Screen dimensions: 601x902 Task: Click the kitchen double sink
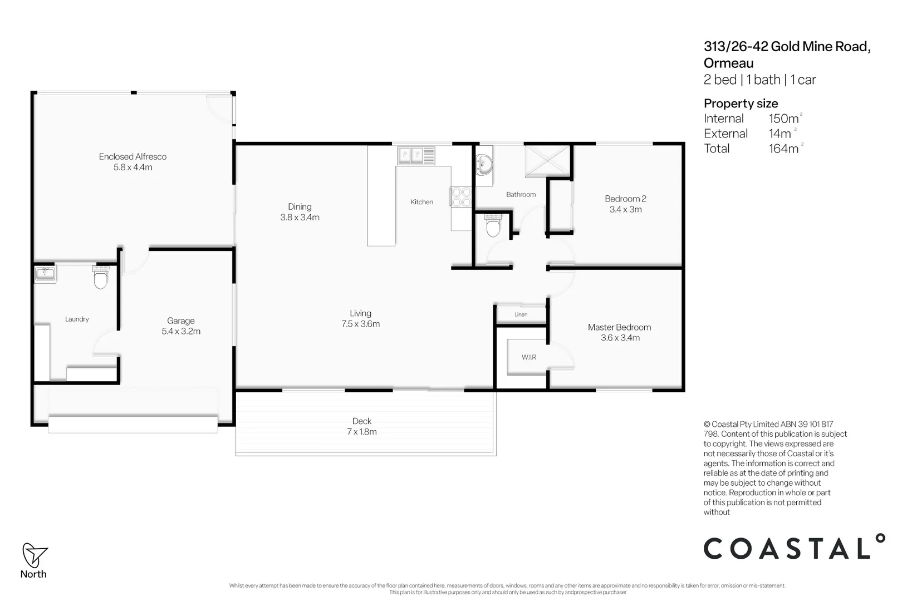pyautogui.click(x=416, y=155)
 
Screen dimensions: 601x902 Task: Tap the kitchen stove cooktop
pyautogui.click(x=461, y=197)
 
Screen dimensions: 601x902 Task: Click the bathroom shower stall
pyautogui.click(x=548, y=161)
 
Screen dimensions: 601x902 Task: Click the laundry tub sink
pyautogui.click(x=45, y=274)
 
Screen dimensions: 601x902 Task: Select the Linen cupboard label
pyautogui.click(x=521, y=314)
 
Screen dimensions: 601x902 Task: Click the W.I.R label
pyautogui.click(x=529, y=357)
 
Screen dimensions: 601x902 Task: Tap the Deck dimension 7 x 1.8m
pyautogui.click(x=362, y=432)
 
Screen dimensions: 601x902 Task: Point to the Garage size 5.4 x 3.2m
pyautogui.click(x=181, y=331)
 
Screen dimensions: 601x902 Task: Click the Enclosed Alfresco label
pyautogui.click(x=133, y=156)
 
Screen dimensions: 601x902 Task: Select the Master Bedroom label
pyautogui.click(x=619, y=327)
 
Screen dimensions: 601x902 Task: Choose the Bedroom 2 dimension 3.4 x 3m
pyautogui.click(x=625, y=209)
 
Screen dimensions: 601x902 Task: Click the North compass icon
pyautogui.click(x=33, y=555)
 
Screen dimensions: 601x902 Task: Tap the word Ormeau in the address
pyautogui.click(x=728, y=63)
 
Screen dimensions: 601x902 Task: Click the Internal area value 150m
pyautogui.click(x=784, y=119)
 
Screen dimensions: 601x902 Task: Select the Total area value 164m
pyautogui.click(x=784, y=149)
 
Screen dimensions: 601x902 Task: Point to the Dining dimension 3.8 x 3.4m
pyautogui.click(x=300, y=218)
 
